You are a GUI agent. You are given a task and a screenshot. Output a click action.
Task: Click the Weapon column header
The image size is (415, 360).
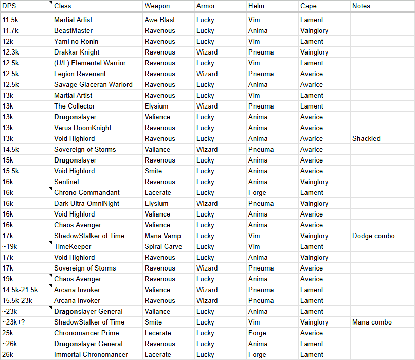click(x=157, y=6)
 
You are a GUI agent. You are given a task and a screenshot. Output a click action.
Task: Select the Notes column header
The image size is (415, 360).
click(x=361, y=6)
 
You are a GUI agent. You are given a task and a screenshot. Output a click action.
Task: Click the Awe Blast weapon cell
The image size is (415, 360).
click(x=160, y=20)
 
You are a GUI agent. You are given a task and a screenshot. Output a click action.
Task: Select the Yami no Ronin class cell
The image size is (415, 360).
click(x=76, y=41)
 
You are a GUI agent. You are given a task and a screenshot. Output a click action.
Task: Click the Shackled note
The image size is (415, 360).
click(x=366, y=138)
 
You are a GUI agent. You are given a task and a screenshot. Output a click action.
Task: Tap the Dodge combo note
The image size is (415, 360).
click(x=373, y=236)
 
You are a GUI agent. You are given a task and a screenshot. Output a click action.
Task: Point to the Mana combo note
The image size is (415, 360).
click(x=372, y=322)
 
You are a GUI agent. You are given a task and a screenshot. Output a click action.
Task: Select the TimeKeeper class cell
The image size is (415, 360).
click(x=73, y=246)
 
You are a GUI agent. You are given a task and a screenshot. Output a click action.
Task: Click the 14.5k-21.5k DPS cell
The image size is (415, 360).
click(x=20, y=290)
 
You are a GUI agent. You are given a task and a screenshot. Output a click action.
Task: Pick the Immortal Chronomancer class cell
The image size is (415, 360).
click(x=91, y=354)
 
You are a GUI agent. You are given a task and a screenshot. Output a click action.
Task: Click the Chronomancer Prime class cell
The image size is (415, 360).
click(x=86, y=333)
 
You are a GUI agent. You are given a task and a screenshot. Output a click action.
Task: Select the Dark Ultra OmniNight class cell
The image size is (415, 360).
click(x=86, y=203)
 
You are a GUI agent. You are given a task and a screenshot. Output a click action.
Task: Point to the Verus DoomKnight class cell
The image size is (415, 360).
click(x=83, y=128)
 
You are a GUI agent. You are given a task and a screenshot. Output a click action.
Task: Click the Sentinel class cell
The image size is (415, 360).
click(x=66, y=182)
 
